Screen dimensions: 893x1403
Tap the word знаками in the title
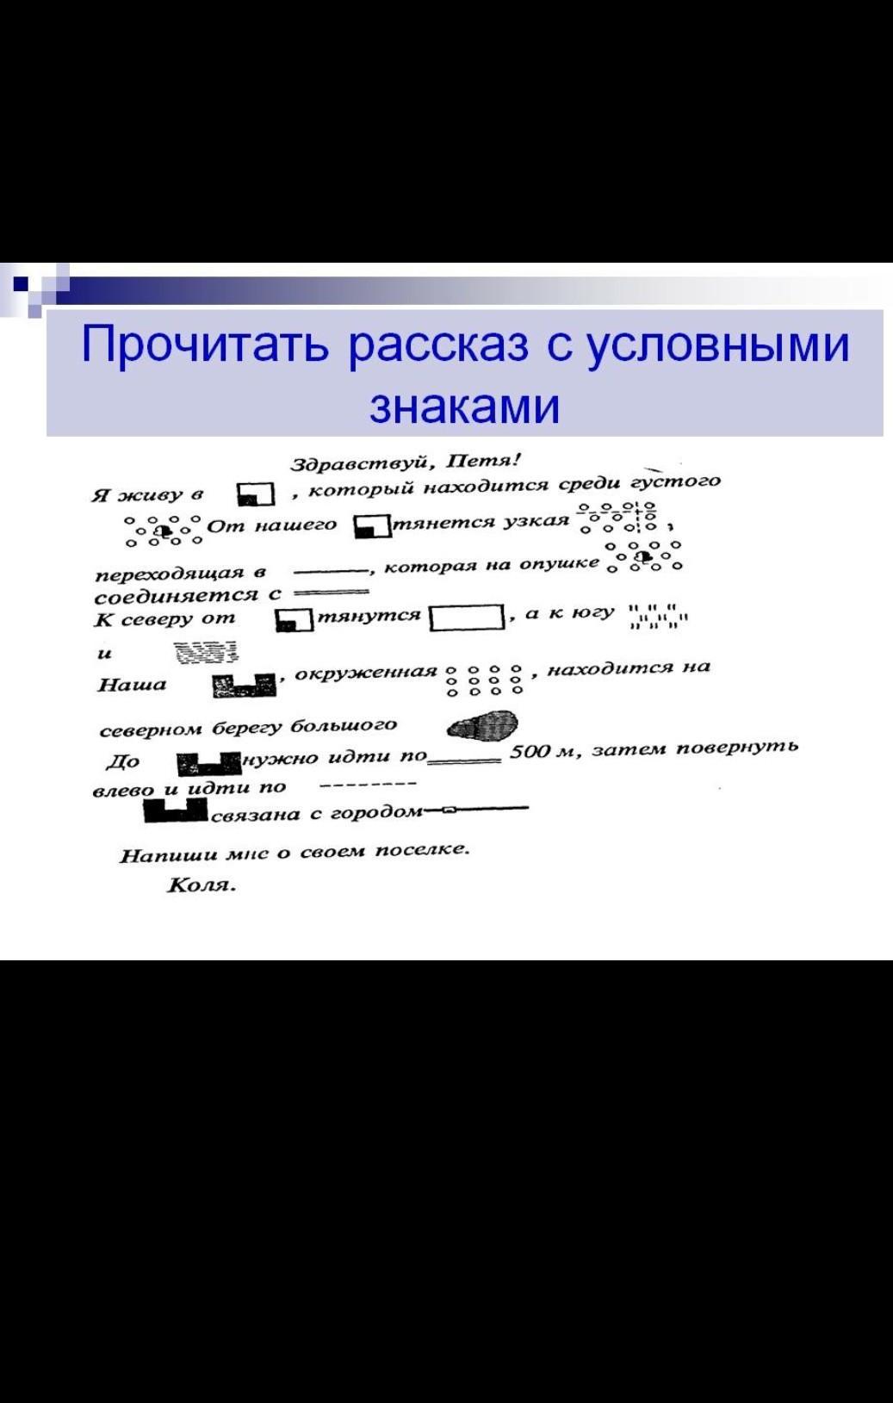point(464,407)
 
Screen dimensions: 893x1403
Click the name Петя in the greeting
point(483,462)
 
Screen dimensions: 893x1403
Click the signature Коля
point(201,885)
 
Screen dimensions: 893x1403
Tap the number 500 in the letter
point(528,752)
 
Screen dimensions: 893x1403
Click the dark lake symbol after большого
point(482,725)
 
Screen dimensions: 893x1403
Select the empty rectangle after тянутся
point(467,617)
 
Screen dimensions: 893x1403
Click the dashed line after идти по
point(368,784)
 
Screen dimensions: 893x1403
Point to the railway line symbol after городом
point(476,810)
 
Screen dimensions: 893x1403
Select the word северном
point(152,730)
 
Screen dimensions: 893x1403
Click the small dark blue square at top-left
point(21,283)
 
